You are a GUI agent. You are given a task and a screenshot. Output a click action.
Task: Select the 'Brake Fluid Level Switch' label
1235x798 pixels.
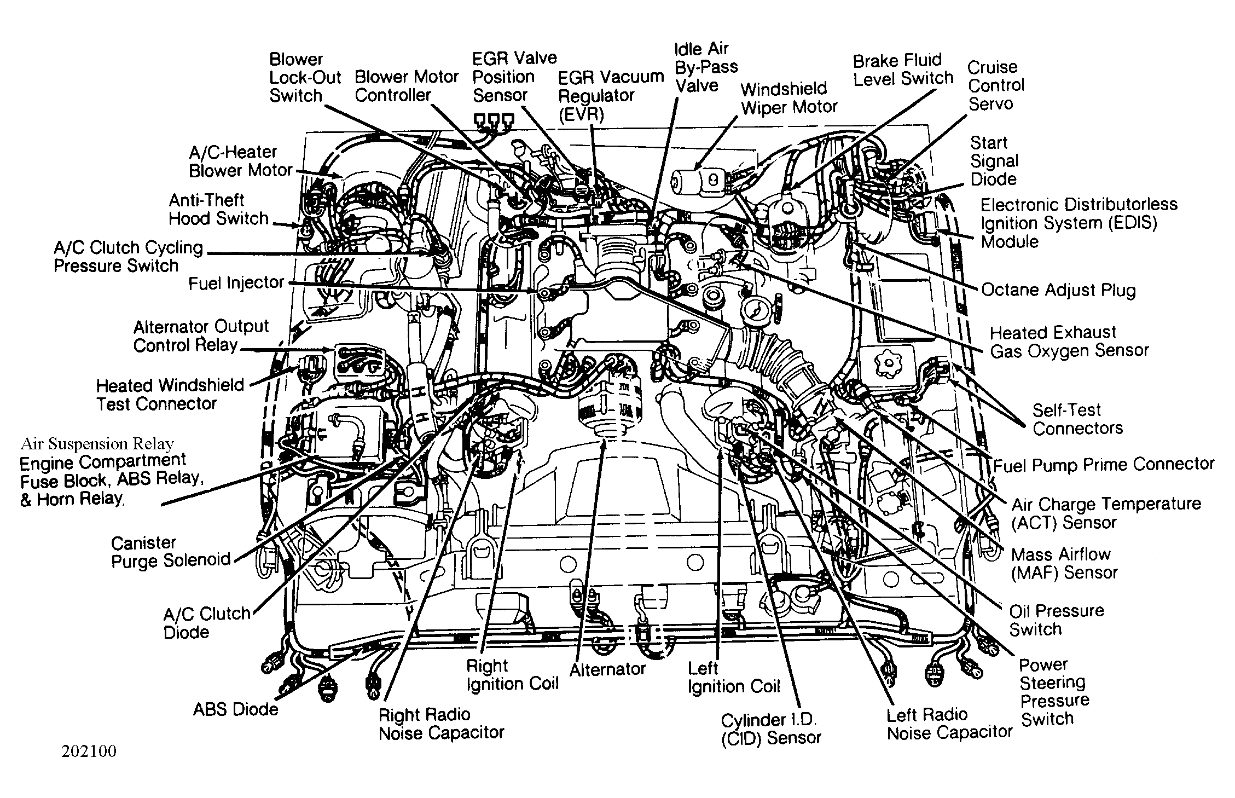coord(903,70)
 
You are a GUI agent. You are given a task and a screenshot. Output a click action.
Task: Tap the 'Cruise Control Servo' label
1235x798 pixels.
coord(996,85)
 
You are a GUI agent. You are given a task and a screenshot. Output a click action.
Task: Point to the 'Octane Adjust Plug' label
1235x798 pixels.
coord(1059,290)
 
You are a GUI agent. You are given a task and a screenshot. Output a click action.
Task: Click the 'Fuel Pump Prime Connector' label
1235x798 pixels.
coord(1104,465)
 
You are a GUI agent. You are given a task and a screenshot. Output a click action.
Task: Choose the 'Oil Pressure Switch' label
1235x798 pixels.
coord(1057,620)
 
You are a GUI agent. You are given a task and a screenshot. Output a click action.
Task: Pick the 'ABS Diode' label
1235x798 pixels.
coord(236,709)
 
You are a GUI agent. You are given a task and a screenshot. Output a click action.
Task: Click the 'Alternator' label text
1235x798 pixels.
coord(607,669)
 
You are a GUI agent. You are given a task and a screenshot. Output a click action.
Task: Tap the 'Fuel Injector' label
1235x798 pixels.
coord(236,283)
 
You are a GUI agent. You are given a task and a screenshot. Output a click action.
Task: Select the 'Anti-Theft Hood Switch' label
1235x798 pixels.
coord(218,210)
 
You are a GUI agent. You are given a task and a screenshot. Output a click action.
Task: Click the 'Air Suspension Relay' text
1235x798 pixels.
coord(97,444)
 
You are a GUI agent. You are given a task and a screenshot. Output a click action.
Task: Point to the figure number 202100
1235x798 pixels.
coord(89,751)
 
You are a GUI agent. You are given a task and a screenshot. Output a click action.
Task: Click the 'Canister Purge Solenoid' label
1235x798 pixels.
coord(171,552)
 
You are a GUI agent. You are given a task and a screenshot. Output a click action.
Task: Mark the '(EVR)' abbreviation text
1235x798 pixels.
coord(581,114)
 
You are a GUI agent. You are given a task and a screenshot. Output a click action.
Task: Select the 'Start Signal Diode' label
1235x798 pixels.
coord(994,161)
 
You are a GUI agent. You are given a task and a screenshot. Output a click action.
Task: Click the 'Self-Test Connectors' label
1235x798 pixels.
coord(1077,419)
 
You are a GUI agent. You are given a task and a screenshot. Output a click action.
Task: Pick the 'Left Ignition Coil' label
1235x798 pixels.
coord(734,678)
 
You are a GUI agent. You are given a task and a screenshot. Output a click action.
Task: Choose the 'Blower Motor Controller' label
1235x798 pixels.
coord(407,86)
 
